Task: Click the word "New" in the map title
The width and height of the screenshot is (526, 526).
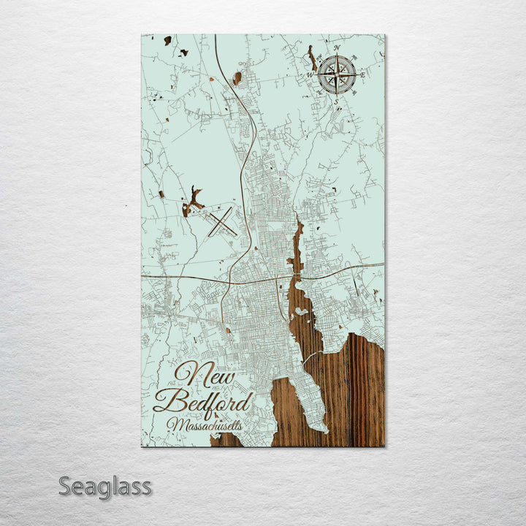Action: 205,376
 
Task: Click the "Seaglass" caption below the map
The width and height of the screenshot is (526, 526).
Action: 104,487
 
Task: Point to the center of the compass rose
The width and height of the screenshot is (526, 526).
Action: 337,74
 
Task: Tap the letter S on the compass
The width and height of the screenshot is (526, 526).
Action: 336,101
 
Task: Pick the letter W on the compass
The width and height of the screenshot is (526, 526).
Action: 310,75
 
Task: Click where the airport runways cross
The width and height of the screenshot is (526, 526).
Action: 221,221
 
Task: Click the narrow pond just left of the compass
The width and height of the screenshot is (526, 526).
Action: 313,58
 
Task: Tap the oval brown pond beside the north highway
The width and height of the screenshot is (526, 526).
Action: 237,77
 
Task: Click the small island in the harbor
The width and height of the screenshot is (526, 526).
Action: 300,311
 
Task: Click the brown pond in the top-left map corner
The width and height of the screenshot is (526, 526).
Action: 167,40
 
